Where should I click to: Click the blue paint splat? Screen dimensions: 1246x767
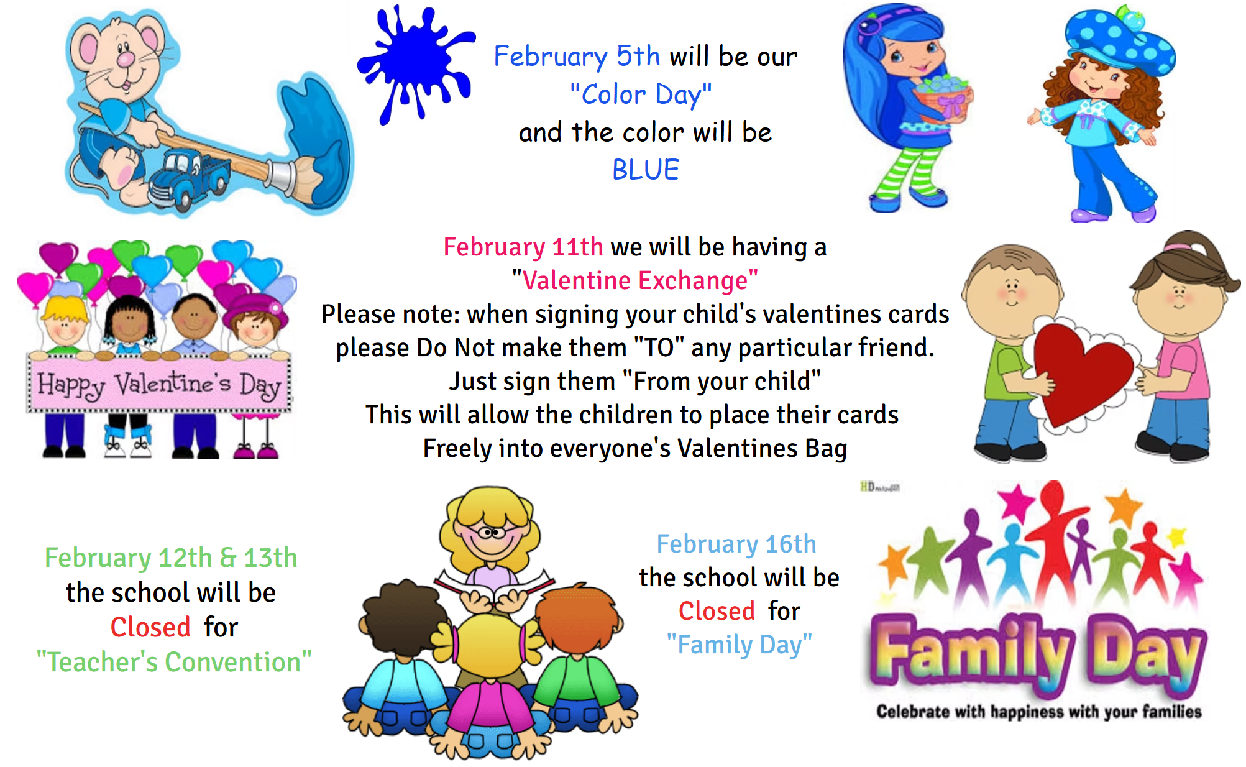(415, 62)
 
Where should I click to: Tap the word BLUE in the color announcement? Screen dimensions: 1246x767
(646, 170)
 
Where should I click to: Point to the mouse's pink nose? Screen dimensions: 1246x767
(126, 59)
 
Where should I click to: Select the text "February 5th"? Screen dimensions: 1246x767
(577, 56)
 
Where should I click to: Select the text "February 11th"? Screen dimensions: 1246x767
(523, 247)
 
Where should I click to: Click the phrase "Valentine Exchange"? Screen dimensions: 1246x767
(635, 280)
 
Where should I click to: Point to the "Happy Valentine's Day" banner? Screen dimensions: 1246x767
(159, 383)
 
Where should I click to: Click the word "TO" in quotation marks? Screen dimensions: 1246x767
(659, 347)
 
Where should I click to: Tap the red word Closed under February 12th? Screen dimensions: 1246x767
(150, 627)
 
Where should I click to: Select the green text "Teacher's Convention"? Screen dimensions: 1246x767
(175, 661)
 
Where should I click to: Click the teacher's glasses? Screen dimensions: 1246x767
(492, 532)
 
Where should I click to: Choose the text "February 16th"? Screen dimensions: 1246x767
(736, 544)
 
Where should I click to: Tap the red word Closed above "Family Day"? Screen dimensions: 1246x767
(717, 611)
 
